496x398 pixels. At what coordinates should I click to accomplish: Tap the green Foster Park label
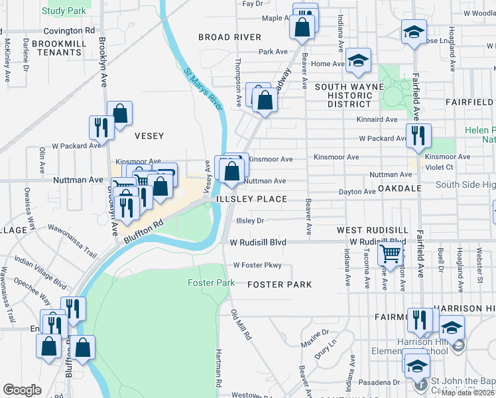pyautogui.click(x=211, y=283)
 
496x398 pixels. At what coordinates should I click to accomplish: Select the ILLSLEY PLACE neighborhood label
pyautogui.click(x=250, y=199)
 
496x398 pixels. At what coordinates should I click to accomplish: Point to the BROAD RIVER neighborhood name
pyautogui.click(x=229, y=37)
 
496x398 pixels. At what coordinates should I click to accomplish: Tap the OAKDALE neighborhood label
pyautogui.click(x=401, y=188)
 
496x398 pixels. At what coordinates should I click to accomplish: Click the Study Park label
pyautogui.click(x=64, y=11)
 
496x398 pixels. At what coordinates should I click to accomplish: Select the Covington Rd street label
pyautogui.click(x=69, y=31)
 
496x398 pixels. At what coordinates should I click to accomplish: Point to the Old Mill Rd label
pyautogui.click(x=241, y=325)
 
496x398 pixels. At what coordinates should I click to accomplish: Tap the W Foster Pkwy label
pyautogui.click(x=257, y=265)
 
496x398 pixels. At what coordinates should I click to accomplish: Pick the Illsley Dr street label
pyautogui.click(x=251, y=221)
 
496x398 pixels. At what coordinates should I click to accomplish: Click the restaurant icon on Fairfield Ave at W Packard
pyautogui.click(x=418, y=135)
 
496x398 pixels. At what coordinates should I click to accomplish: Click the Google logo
pyautogui.click(x=23, y=390)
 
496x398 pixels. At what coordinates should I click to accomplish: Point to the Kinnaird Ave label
pyautogui.click(x=376, y=119)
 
